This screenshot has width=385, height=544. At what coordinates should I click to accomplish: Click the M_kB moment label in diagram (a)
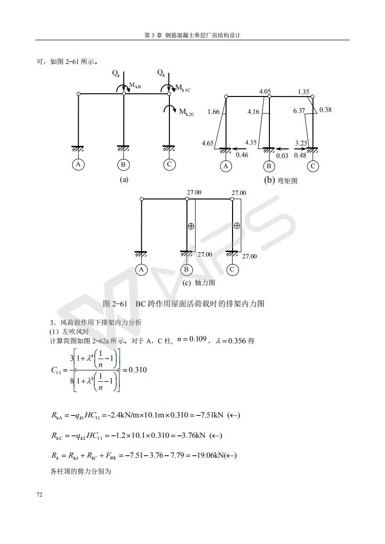[x=134, y=86]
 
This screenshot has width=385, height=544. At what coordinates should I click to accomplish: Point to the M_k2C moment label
[x=186, y=112]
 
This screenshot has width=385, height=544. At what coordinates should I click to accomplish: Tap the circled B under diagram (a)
[x=123, y=164]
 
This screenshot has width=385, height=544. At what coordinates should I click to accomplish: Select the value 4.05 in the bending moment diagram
[x=265, y=91]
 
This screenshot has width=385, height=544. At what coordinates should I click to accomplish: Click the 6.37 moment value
[x=299, y=111]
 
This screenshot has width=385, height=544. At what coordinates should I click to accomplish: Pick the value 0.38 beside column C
[x=326, y=110]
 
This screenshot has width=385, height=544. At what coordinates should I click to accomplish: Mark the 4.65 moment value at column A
[x=208, y=143]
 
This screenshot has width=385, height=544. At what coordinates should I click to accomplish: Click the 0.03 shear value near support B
[x=282, y=156]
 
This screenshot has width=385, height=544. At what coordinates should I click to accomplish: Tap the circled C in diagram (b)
[x=313, y=166]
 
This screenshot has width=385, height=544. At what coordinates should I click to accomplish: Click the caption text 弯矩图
[x=287, y=181]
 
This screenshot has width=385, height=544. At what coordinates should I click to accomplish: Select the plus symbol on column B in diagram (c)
[x=191, y=226]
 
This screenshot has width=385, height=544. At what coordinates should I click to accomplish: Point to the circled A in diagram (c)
[x=141, y=270]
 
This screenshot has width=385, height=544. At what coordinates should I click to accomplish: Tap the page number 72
[x=39, y=495]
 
